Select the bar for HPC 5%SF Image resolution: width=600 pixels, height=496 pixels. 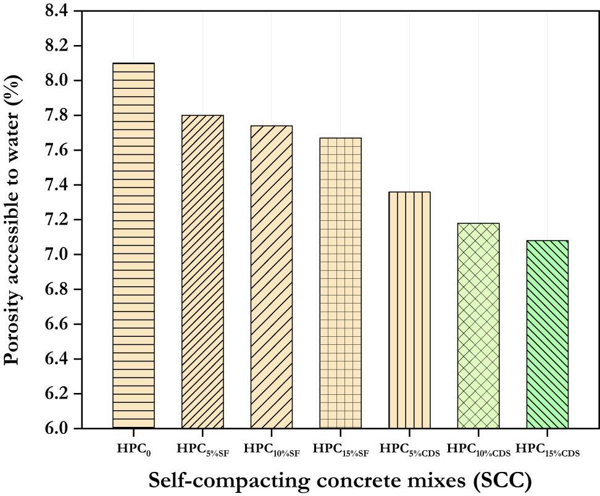point(202,271)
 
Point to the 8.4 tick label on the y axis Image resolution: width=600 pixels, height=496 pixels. point(60,10)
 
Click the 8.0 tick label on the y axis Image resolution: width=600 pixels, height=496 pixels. point(60,81)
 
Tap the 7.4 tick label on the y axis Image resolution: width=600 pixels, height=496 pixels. point(60,185)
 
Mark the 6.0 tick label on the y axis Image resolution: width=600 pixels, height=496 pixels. point(60,428)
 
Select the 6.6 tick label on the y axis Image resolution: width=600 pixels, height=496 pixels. point(60,324)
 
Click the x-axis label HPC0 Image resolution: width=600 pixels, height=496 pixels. point(133,449)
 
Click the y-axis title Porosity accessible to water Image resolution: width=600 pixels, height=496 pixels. point(14,219)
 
